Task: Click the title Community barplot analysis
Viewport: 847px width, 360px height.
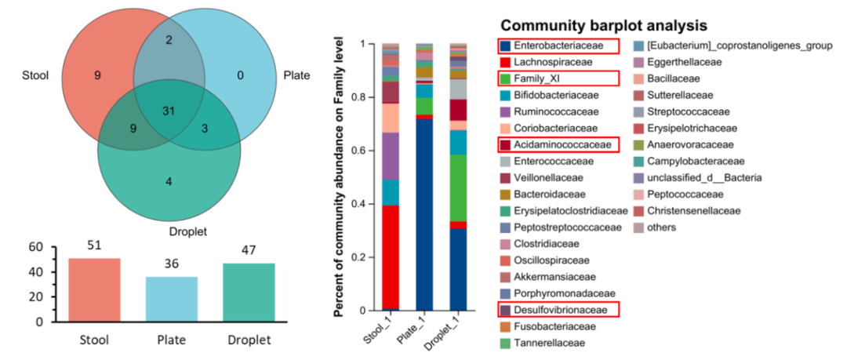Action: (604, 25)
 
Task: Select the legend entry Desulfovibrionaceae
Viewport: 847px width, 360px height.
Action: (563, 310)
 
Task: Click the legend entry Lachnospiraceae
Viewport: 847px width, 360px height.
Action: (553, 62)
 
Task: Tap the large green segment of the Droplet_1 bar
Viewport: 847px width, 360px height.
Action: (458, 188)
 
